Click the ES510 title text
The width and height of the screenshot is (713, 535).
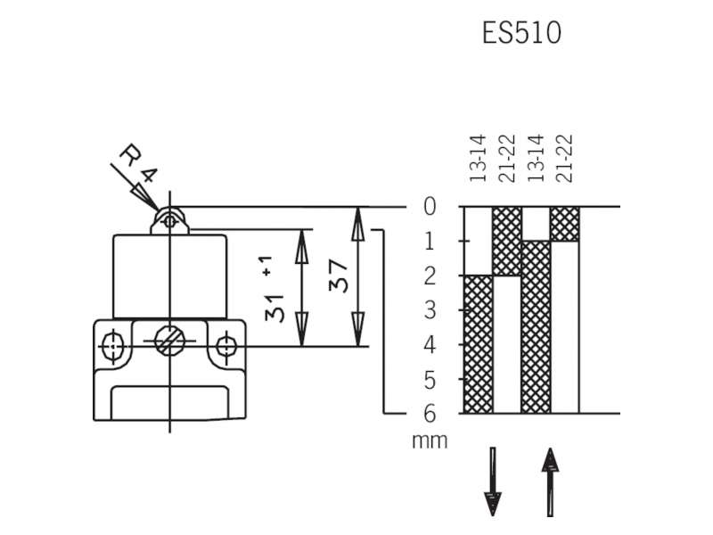point(521,33)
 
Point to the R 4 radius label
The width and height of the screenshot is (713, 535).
point(138,163)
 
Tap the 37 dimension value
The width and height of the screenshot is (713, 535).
point(340,276)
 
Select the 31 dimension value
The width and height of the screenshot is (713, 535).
point(274,309)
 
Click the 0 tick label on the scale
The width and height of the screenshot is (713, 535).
point(430,207)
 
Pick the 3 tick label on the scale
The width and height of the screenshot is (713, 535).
point(430,310)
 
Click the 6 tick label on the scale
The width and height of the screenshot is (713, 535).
point(430,414)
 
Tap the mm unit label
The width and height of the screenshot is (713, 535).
point(430,441)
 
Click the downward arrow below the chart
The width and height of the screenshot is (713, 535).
point(493,481)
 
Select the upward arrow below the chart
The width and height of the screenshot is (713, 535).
point(550,482)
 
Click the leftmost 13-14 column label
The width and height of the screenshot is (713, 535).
point(478,159)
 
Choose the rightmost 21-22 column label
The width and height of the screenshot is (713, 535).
point(565,159)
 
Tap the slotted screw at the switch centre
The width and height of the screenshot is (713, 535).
point(169,341)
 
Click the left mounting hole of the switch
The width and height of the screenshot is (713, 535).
point(112,347)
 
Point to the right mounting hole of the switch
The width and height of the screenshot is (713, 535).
point(225,347)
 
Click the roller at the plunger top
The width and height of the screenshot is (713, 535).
point(169,221)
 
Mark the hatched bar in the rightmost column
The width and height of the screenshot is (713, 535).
point(565,225)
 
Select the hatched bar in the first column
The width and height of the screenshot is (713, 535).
point(479,344)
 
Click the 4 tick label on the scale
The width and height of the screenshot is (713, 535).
point(430,345)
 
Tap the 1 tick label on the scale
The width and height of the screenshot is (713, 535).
point(430,241)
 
